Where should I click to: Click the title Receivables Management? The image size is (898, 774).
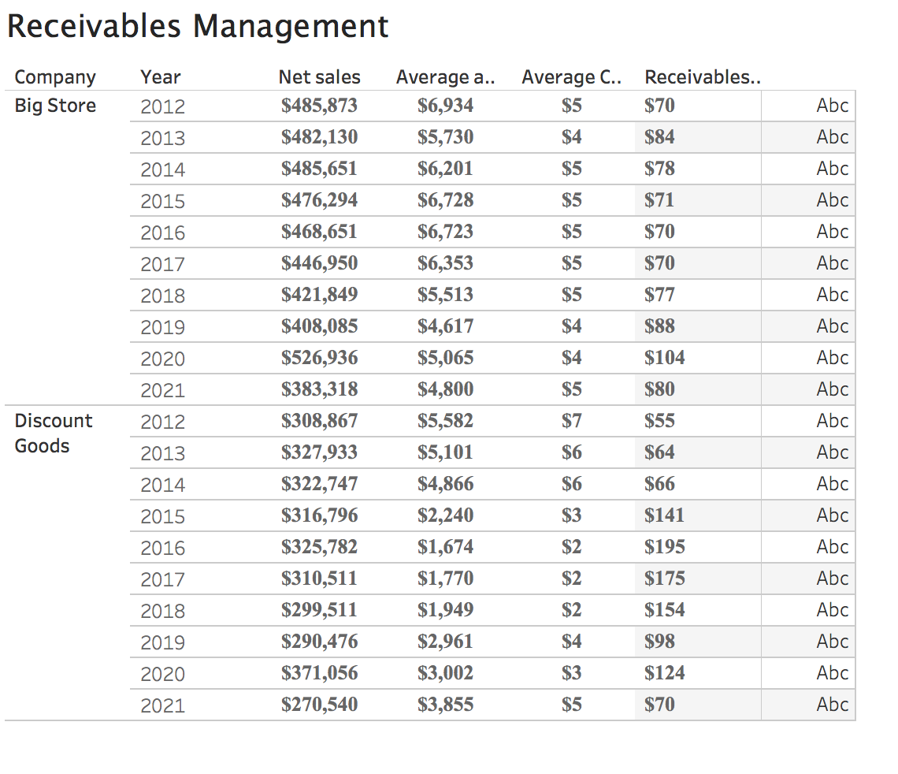point(198,27)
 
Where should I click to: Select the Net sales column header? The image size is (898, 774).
point(319,77)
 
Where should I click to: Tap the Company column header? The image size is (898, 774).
point(55,77)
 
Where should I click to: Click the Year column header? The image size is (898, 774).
point(161,77)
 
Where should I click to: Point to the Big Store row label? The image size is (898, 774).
point(55,106)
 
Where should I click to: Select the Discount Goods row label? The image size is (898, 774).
point(54,434)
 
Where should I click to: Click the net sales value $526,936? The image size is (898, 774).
point(319,358)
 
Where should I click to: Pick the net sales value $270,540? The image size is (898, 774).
point(319,705)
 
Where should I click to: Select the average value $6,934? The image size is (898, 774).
point(445,106)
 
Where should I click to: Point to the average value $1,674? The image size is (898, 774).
point(445,547)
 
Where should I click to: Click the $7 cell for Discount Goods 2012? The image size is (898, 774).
point(571,421)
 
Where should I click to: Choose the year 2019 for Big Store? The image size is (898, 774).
point(162,327)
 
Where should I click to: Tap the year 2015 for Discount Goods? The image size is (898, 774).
point(162,516)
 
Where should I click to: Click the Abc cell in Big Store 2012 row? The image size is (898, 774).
point(832,106)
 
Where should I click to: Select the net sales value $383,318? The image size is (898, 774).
point(319,389)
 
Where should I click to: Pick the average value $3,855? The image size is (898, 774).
point(445,705)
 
